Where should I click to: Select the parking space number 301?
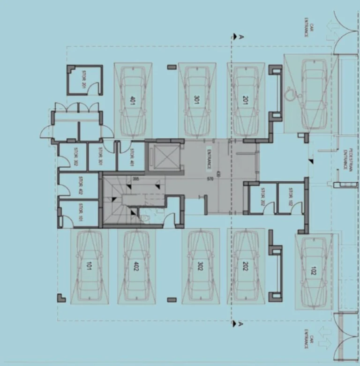196,100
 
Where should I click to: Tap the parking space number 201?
245,100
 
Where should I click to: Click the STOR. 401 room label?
132,156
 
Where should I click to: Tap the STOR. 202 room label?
262,197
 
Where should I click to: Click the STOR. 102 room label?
290,197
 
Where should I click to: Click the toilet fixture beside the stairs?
146,217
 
